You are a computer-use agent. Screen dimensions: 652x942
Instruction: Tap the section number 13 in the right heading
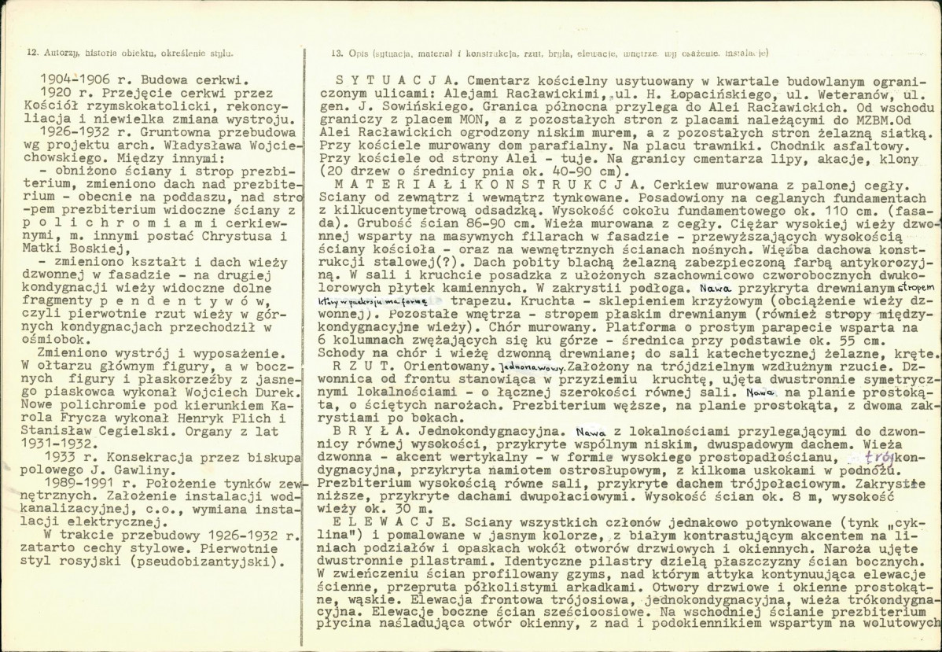pyautogui.click(x=337, y=53)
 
